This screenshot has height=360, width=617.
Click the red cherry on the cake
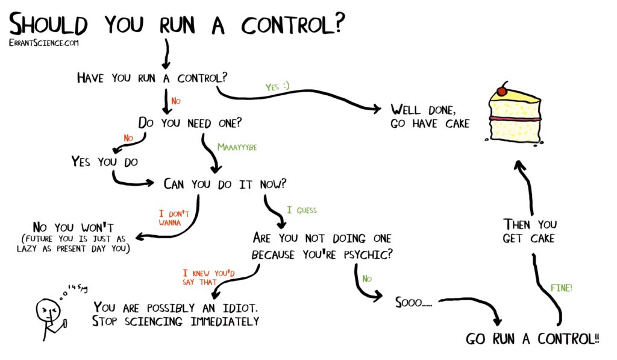[x=502, y=91]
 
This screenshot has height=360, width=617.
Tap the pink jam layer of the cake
[x=515, y=118]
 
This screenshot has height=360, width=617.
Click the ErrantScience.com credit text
[x=43, y=43]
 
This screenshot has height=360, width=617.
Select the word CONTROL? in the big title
[x=293, y=24]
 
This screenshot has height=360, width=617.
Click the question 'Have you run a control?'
[x=152, y=78]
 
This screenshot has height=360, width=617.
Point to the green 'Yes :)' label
[x=277, y=86]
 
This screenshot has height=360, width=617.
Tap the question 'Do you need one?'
[x=190, y=123]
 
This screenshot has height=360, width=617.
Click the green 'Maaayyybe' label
[x=237, y=147]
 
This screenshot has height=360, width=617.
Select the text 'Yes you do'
[x=105, y=162]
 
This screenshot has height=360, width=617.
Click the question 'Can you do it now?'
[x=225, y=184]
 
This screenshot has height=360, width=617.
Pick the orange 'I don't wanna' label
[x=174, y=218]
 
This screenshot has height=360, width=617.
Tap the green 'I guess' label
[x=302, y=210]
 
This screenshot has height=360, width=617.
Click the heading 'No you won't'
[x=74, y=227]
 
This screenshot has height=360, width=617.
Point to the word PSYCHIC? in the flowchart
[x=368, y=254]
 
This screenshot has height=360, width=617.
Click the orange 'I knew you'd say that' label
[x=208, y=277]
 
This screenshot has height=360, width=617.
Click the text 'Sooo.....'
[x=413, y=303]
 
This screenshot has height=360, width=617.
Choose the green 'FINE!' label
[x=562, y=288]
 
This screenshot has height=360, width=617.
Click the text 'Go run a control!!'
[x=533, y=339]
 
